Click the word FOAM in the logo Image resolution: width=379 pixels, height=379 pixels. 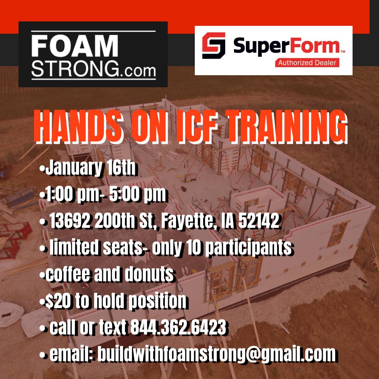[75, 46]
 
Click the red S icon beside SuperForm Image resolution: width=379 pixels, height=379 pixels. [214, 46]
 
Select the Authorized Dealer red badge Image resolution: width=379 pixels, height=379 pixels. [307, 62]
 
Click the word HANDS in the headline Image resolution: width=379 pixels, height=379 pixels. [77, 127]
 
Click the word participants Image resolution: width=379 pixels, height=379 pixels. [248, 247]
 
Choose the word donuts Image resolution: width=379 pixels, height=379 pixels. [149, 274]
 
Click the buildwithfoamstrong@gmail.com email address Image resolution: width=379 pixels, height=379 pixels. [216, 354]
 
